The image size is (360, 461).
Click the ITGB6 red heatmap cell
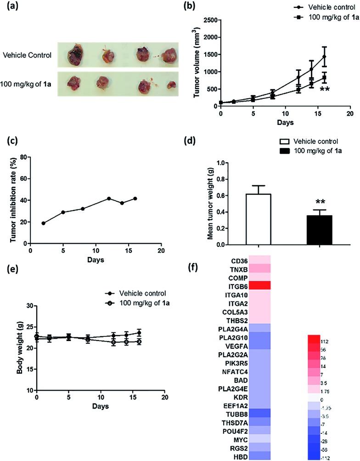[260, 285]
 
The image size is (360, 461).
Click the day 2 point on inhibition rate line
[43, 223]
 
